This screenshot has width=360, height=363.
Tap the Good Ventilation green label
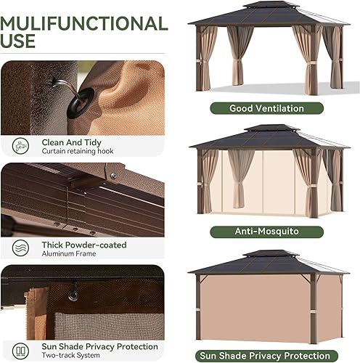(x=266, y=108)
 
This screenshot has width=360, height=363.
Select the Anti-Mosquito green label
(x=266, y=232)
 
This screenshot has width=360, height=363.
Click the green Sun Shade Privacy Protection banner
(x=266, y=355)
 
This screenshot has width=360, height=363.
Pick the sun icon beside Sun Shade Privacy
(x=20, y=350)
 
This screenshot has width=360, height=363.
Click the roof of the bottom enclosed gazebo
(x=266, y=262)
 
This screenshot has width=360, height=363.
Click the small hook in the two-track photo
(x=73, y=293)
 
